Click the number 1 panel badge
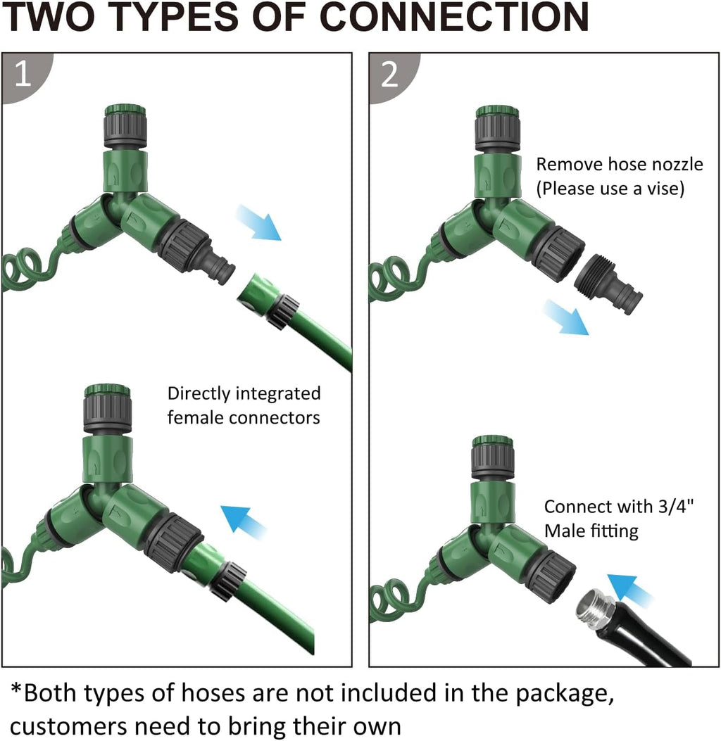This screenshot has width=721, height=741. (x=24, y=75)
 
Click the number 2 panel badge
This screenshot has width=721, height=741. (x=391, y=75)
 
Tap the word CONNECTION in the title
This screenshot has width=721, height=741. (x=454, y=17)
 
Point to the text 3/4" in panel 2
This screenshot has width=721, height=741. (x=676, y=506)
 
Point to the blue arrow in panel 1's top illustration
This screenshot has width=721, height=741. (x=258, y=222)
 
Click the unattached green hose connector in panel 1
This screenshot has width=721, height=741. (x=268, y=300)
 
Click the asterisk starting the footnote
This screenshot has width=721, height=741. (x=17, y=690)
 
